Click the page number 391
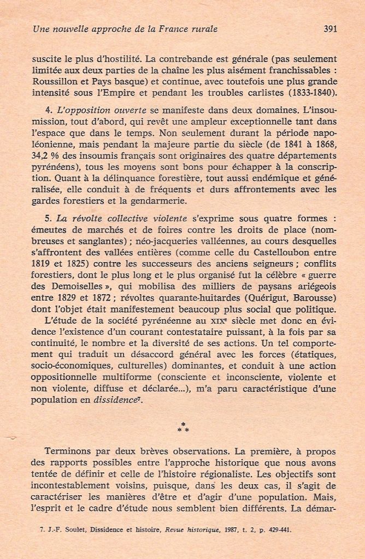pos(329,29)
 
